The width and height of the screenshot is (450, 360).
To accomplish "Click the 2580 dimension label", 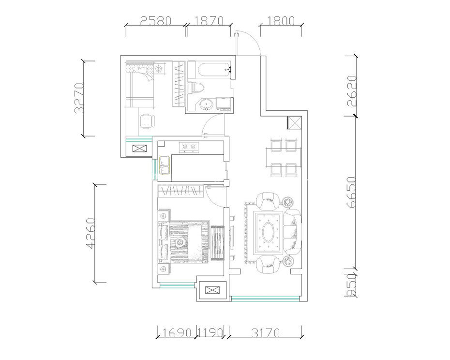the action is pos(155,21).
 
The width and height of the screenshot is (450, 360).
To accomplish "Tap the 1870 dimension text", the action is pos(209,21).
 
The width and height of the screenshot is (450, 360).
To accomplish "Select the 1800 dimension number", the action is pos(281,21).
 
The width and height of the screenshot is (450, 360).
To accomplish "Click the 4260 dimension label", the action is pos(90,233).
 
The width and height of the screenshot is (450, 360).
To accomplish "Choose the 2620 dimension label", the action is pos(352,91).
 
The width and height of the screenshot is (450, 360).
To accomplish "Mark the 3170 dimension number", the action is pos(266,333).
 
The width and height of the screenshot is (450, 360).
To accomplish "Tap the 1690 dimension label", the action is pos(177,333).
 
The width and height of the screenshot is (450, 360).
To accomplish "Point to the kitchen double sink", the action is pos(165,165).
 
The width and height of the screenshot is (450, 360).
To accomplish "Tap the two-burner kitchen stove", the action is pos(188,147).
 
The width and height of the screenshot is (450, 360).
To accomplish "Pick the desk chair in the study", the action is pos(147,121).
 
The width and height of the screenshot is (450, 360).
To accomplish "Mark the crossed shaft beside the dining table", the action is pos(295,123).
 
